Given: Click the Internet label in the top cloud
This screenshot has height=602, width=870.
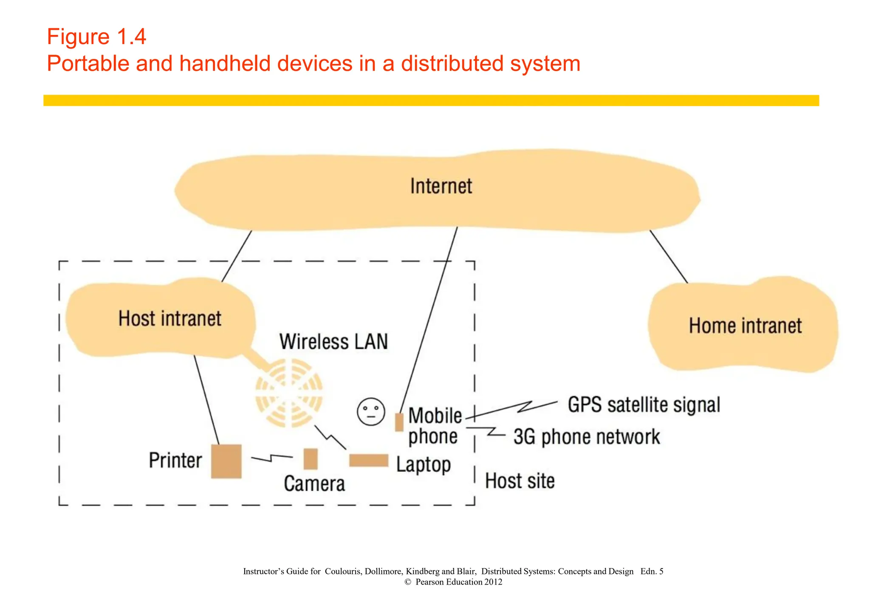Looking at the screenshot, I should (441, 186).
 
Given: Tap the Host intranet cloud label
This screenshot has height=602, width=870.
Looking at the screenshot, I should (169, 319).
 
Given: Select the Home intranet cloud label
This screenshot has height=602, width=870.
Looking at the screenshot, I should (745, 326).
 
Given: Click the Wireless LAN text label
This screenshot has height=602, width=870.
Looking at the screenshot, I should (333, 342).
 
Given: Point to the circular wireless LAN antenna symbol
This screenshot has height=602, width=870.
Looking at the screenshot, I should (289, 393).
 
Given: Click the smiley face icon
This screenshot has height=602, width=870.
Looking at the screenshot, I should (371, 411).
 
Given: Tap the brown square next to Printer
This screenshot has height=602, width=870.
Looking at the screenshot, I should (226, 461).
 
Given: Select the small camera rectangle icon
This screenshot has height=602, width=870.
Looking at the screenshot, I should (311, 459).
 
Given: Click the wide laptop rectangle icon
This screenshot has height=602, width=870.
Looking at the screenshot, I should (369, 461).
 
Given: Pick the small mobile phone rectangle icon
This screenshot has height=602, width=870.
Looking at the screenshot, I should (399, 422).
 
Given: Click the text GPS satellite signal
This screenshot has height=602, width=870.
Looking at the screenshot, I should (644, 405).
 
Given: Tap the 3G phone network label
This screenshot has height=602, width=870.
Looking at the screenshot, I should (587, 437).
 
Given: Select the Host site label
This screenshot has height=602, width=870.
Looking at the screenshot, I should (520, 481).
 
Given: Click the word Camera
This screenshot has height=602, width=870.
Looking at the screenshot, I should (314, 484).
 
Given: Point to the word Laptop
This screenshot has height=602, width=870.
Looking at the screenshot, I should (423, 465).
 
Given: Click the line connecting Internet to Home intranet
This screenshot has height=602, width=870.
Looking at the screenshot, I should (669, 256).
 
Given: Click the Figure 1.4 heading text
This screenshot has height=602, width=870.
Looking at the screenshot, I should (96, 37).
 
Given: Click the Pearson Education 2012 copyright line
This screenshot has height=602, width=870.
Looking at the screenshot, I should (453, 582).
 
